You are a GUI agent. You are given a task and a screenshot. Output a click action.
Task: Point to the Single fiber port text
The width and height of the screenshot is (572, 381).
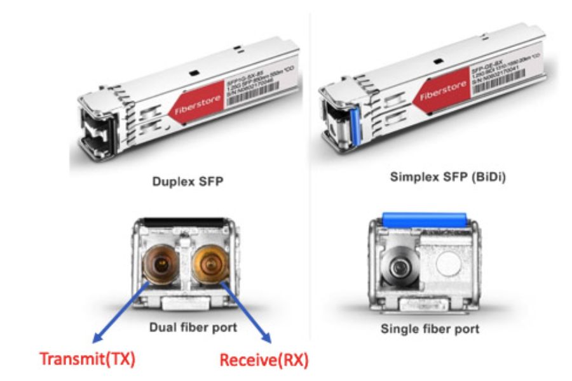point(430,329)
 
